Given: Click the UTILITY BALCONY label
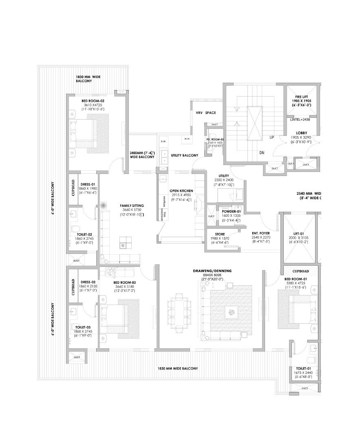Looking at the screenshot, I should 185,155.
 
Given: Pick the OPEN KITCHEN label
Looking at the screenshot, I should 181,191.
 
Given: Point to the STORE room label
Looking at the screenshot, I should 220,234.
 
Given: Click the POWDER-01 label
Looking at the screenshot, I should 231,211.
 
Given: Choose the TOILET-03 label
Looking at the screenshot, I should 84,327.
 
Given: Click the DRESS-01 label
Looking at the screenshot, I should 88,184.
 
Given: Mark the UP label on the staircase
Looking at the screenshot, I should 272,137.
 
